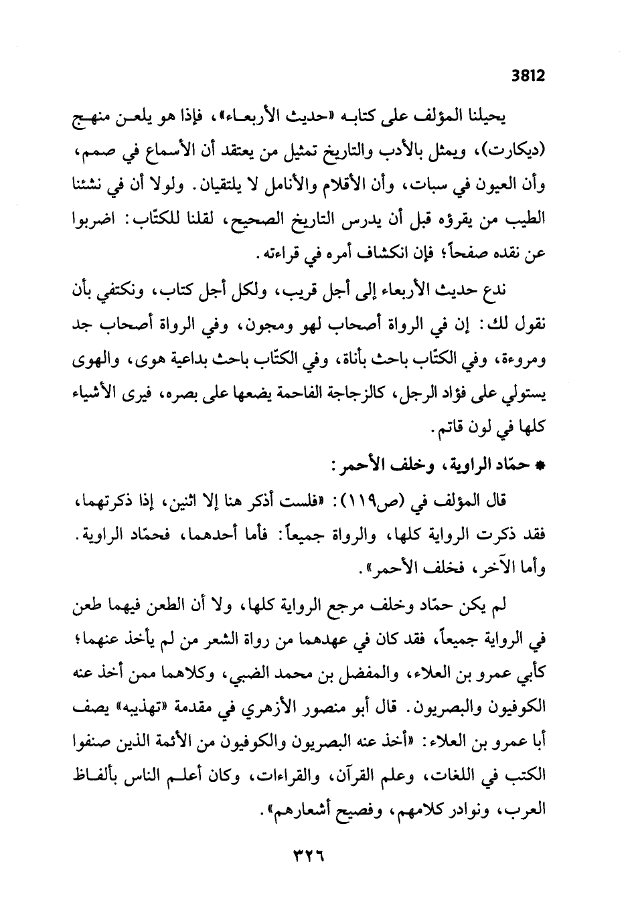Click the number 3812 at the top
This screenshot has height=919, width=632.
pos(528,76)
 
